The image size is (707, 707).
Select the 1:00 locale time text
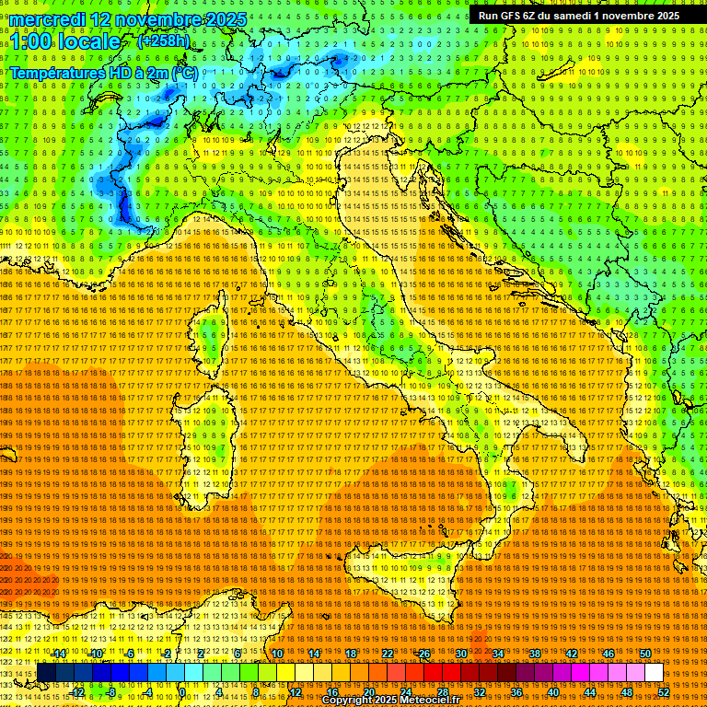pyautogui.click(x=65, y=41)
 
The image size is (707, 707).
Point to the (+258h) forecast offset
pyautogui.click(x=163, y=41)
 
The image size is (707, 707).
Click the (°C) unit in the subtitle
pyautogui.click(x=184, y=74)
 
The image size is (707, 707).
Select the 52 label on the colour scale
pyautogui.click(x=664, y=691)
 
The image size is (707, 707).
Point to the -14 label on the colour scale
pyautogui.click(x=59, y=654)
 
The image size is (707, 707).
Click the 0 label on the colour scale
pyautogui.click(x=183, y=691)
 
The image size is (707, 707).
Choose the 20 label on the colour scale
pyautogui.click(x=368, y=691)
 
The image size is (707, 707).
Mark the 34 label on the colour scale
pyautogui.click(x=498, y=654)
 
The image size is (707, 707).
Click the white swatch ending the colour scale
pyautogui.click(x=654, y=673)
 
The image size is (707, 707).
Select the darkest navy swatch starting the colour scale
pyautogui.click(x=46, y=673)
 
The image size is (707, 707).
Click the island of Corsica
pyautogui.click(x=211, y=335)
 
